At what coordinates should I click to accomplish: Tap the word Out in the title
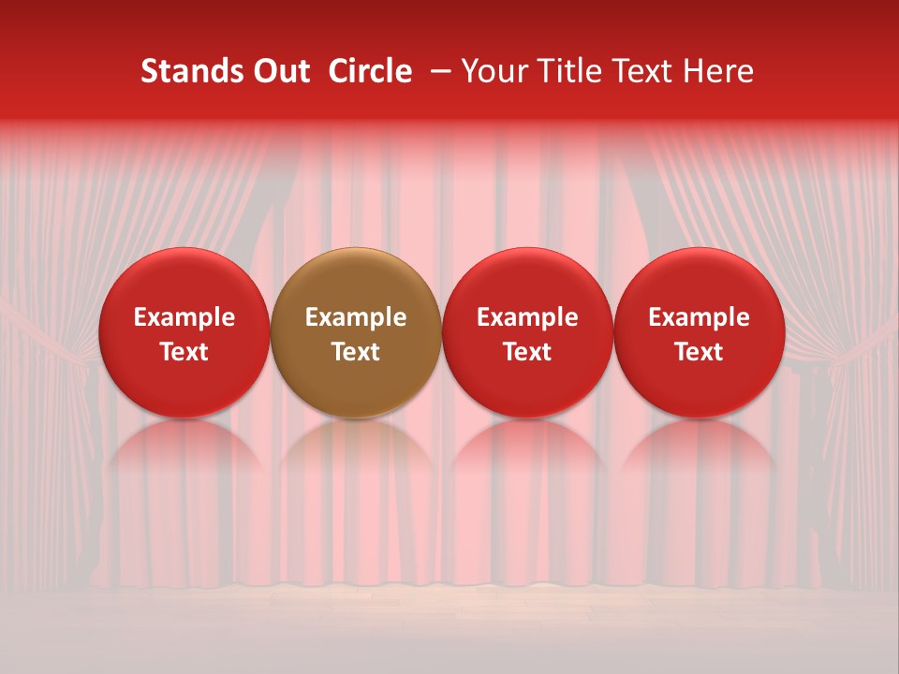click(279, 71)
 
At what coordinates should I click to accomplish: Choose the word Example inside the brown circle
click(356, 317)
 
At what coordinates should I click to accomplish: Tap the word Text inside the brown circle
click(356, 352)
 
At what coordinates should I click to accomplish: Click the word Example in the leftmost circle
click(184, 317)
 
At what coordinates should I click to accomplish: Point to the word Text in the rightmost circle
click(700, 352)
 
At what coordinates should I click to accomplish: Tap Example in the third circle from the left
click(527, 317)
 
